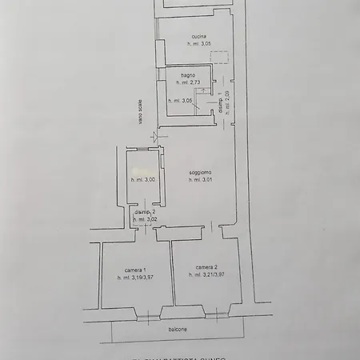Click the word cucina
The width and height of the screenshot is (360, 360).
pyautogui.click(x=199, y=35)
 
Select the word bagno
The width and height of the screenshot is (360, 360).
pyautogui.click(x=188, y=75)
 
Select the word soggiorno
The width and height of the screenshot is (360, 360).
pyautogui.click(x=200, y=173)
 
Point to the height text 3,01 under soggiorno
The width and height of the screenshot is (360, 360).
pyautogui.click(x=200, y=181)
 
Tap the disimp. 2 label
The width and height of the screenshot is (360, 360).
pyautogui.click(x=145, y=211)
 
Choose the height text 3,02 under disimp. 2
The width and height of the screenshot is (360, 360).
pyautogui.click(x=145, y=219)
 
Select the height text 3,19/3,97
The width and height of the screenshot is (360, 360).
pyautogui.click(x=135, y=278)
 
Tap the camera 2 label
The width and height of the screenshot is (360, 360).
pyautogui.click(x=206, y=267)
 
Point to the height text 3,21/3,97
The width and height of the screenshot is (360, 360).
pyautogui.click(x=206, y=275)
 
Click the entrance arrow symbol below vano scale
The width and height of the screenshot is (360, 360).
pyautogui.click(x=154, y=137)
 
